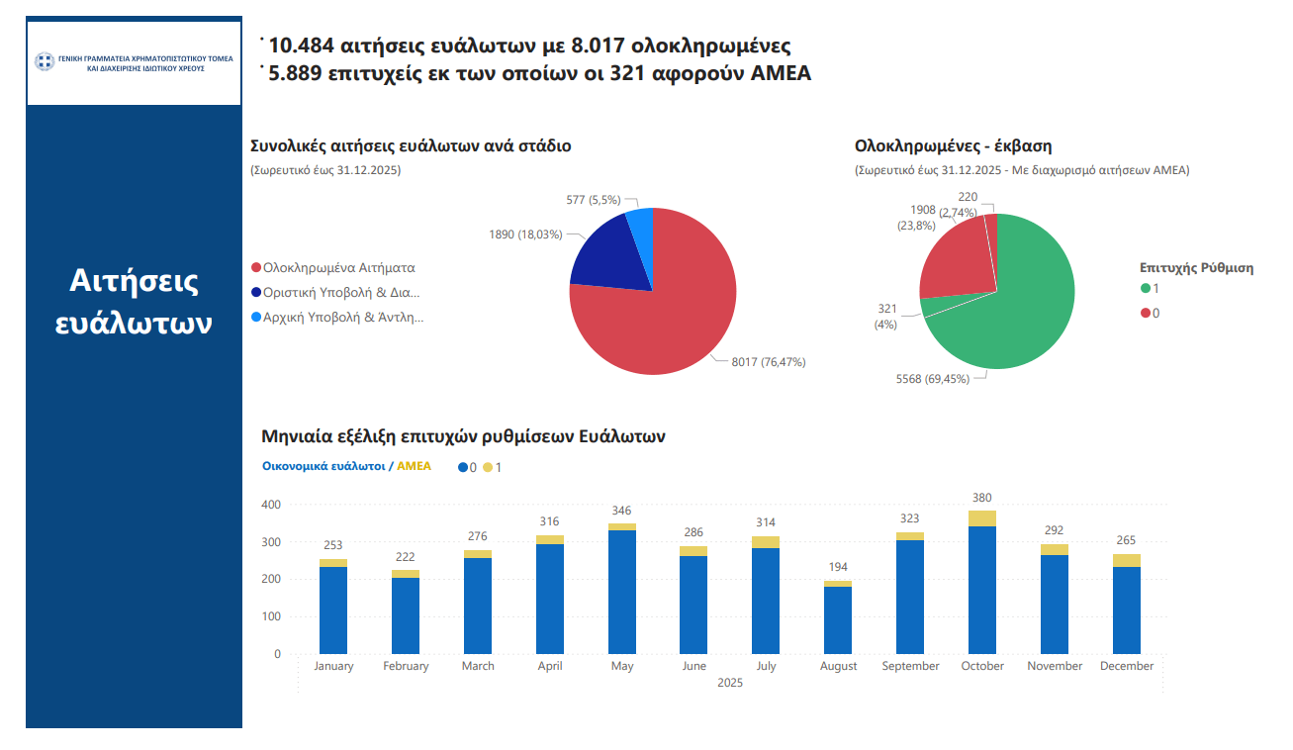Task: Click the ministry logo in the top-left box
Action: pyautogui.click(x=44, y=62)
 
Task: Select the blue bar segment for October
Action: pyautogui.click(x=982, y=589)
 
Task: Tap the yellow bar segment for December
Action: pyautogui.click(x=1127, y=560)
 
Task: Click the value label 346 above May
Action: pyautogui.click(x=621, y=511)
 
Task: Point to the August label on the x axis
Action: pyautogui.click(x=839, y=666)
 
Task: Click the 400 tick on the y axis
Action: pyautogui.click(x=271, y=505)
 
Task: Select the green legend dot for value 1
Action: pyautogui.click(x=1146, y=288)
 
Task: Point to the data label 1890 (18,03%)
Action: pyautogui.click(x=525, y=234)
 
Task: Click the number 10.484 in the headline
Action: pyautogui.click(x=301, y=46)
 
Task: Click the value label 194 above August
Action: pyautogui.click(x=838, y=567)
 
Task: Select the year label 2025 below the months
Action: pyautogui.click(x=730, y=683)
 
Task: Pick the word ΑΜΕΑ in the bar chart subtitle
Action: pyautogui.click(x=414, y=466)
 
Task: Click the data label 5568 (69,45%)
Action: pyautogui.click(x=932, y=379)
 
